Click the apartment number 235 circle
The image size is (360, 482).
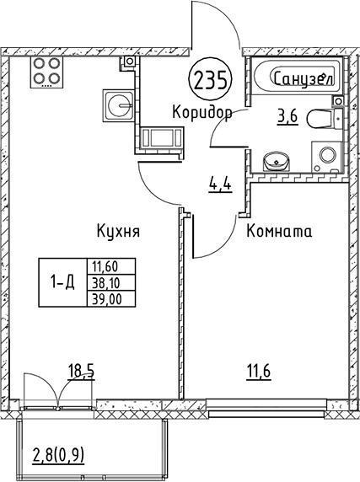212,80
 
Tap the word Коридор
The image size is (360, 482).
202,112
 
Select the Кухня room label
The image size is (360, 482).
118,231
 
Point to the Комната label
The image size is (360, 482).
279,231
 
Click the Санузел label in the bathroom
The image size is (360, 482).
304,78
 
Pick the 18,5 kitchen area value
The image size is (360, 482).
81,372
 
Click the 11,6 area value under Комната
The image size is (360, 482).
259,372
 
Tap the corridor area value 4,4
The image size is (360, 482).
220,185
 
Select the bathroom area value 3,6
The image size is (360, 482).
287,117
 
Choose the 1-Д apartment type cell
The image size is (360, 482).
62,282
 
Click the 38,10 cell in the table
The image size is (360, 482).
111,282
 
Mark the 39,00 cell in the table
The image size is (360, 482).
111,298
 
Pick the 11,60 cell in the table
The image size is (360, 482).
111,266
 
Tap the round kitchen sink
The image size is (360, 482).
118,104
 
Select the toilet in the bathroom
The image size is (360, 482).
325,118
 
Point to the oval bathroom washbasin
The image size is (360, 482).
277,160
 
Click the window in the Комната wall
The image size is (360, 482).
266,408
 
